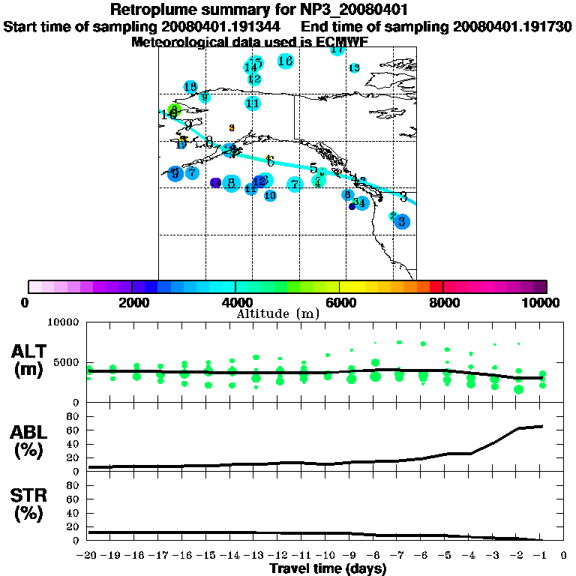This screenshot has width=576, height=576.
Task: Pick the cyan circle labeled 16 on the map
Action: click(x=285, y=61)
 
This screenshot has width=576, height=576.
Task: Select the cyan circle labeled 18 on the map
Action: click(x=190, y=87)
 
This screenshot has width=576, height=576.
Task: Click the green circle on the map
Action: click(x=174, y=110)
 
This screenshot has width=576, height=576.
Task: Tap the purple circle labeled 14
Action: click(x=216, y=182)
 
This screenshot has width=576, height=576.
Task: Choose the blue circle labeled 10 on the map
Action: click(x=270, y=196)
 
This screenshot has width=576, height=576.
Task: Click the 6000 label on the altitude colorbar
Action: click(x=339, y=302)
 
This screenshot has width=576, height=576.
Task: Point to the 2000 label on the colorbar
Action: click(x=132, y=302)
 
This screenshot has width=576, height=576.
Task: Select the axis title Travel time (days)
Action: click(x=328, y=568)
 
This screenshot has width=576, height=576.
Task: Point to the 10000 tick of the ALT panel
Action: click(x=64, y=322)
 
